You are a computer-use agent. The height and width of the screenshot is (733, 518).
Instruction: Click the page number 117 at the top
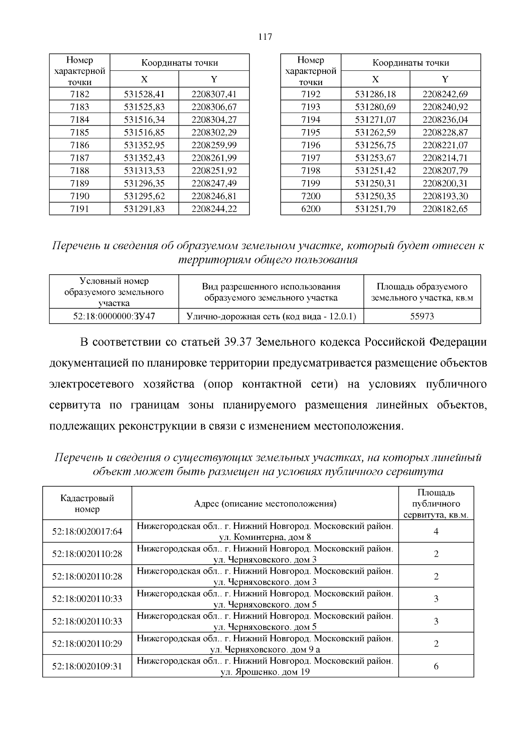click(x=265, y=37)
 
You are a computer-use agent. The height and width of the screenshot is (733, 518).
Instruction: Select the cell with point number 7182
click(x=79, y=94)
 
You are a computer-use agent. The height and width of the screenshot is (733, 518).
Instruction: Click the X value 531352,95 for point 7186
click(x=144, y=145)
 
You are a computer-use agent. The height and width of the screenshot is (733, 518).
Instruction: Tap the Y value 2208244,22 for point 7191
click(x=214, y=209)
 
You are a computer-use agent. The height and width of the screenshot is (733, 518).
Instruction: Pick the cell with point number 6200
click(x=311, y=209)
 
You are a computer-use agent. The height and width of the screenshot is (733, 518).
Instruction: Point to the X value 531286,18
click(x=375, y=94)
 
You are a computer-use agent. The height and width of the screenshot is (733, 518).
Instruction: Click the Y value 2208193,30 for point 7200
click(x=445, y=196)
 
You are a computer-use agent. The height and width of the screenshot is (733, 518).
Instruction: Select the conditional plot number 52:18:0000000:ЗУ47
click(x=114, y=316)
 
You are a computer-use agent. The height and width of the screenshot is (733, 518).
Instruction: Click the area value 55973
click(x=422, y=316)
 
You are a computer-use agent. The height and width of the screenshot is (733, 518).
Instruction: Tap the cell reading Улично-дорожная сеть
click(x=271, y=316)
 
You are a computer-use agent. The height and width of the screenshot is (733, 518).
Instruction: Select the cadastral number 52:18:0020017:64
click(x=87, y=531)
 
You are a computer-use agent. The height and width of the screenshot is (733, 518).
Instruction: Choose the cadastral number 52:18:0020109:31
click(x=87, y=666)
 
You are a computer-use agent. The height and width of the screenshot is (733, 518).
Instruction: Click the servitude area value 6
click(x=436, y=666)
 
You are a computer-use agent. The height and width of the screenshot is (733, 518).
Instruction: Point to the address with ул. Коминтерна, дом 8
click(x=265, y=531)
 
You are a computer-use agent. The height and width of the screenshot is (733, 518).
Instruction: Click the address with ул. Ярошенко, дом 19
click(x=265, y=666)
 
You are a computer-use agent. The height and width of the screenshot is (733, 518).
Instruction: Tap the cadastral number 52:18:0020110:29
click(x=87, y=644)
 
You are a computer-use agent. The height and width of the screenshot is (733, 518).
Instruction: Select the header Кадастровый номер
click(x=87, y=504)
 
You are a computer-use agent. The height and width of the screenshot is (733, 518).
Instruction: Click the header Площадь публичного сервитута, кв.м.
click(x=436, y=504)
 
